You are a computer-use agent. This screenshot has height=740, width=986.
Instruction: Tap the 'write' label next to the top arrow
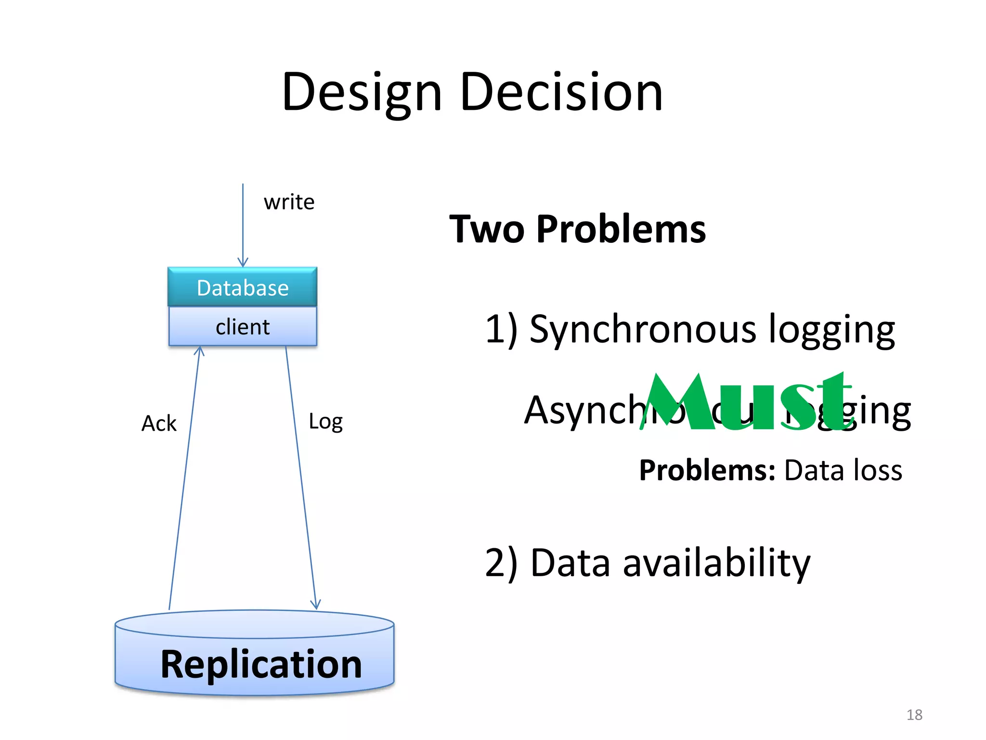pyautogui.click(x=289, y=202)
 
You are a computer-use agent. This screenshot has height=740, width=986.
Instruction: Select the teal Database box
pyautogui.click(x=243, y=287)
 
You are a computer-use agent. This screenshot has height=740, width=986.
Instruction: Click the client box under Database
pyautogui.click(x=243, y=327)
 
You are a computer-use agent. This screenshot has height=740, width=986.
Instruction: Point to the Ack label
pyautogui.click(x=159, y=423)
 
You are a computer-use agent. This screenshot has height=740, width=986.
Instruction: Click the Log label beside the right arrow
pyautogui.click(x=325, y=422)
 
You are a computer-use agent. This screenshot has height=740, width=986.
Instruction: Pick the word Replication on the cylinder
pyautogui.click(x=261, y=664)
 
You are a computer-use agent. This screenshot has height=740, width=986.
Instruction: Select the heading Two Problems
pyautogui.click(x=577, y=229)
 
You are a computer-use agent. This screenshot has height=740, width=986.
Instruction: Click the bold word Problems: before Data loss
pyautogui.click(x=707, y=470)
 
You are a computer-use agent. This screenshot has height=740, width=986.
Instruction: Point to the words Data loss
pyautogui.click(x=843, y=470)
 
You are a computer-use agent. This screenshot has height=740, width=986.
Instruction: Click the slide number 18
pyautogui.click(x=914, y=714)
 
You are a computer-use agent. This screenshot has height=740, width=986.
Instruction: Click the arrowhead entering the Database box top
pyautogui.click(x=243, y=263)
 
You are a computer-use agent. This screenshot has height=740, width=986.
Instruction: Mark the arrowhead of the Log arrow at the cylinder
pyautogui.click(x=315, y=604)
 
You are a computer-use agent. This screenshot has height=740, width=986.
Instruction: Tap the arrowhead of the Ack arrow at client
pyautogui.click(x=199, y=350)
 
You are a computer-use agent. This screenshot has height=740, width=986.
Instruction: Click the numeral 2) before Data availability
pyautogui.click(x=501, y=563)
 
